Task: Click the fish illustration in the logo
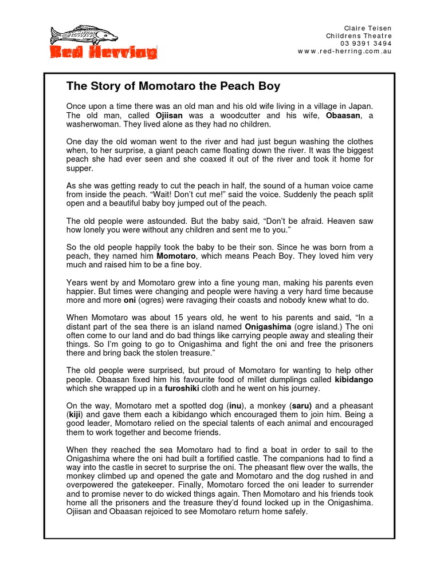83,35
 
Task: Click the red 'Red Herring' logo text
103,53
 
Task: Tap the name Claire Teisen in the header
368,28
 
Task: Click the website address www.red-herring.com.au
345,52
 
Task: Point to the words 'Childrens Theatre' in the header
359,36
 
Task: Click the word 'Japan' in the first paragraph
360,106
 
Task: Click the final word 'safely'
294,512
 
